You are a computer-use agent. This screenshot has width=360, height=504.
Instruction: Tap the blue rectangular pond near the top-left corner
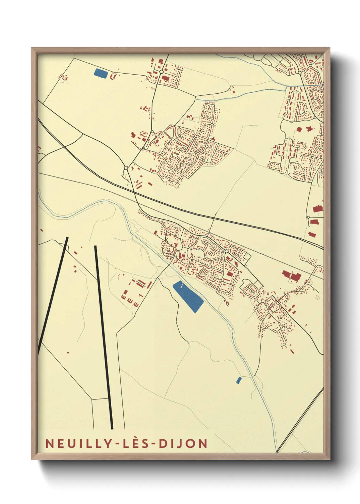[100, 73]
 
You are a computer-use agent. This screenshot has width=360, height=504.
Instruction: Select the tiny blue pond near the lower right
[239, 380]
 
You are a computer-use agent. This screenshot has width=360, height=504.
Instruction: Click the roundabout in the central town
[226, 251]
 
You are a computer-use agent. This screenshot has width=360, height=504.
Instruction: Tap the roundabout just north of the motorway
[126, 168]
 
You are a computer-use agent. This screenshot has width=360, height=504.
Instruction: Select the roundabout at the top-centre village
[161, 72]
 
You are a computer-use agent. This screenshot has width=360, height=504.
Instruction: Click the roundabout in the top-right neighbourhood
[300, 73]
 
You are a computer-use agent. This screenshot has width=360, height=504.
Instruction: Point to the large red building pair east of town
[292, 275]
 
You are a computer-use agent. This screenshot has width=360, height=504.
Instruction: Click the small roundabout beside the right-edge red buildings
[308, 217]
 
